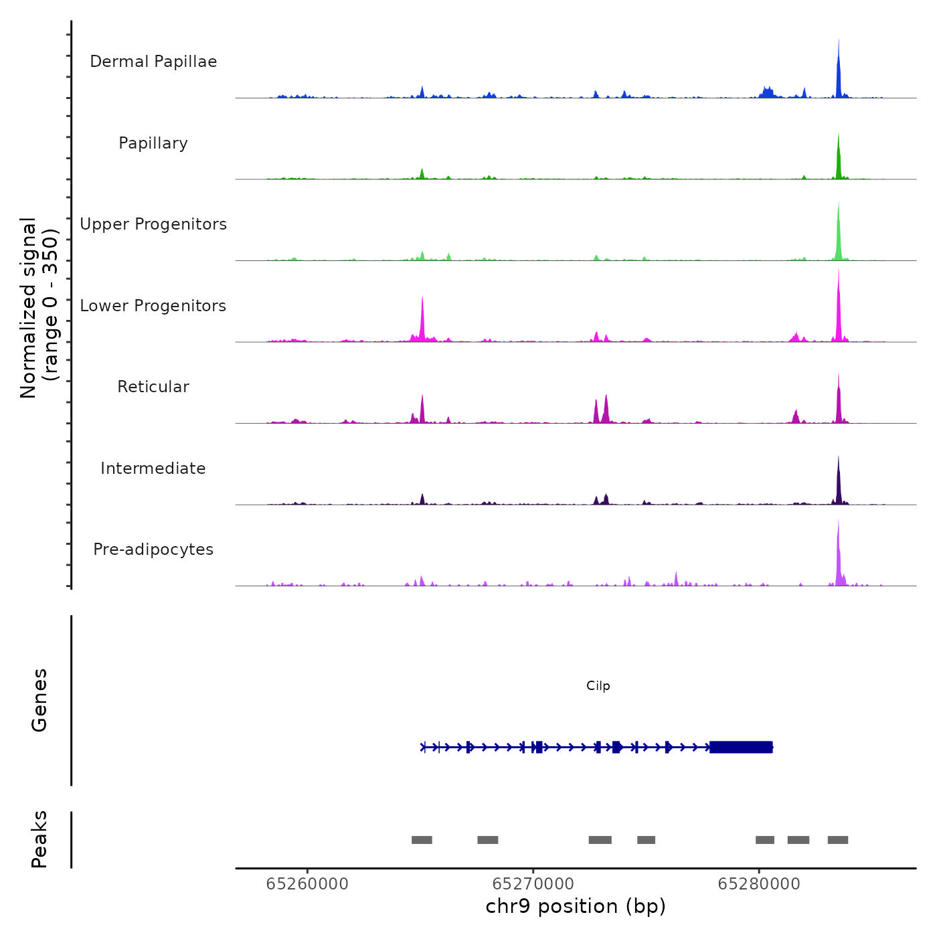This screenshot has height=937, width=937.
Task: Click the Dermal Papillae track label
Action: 153,62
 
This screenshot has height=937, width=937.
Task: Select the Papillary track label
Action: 153,143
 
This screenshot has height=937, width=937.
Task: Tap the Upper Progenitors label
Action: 153,224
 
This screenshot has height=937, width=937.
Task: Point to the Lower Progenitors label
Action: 153,306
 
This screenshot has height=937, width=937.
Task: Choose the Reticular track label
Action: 153,387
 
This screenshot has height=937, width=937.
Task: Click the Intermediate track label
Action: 153,468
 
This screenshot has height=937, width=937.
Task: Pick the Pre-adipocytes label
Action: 153,549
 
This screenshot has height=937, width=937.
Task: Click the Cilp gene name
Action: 598,686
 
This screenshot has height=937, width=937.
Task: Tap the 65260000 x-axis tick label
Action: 307,884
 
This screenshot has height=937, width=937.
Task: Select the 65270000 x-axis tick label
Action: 533,884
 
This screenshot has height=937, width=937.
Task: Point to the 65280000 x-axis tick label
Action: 759,884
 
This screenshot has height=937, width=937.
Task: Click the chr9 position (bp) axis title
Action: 576,906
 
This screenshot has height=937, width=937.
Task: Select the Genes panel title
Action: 39,700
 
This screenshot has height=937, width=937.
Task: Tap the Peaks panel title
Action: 39,839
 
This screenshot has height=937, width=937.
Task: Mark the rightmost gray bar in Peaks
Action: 838,840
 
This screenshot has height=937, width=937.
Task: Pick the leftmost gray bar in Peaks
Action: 422,840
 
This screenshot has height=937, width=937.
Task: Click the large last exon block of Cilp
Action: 741,747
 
